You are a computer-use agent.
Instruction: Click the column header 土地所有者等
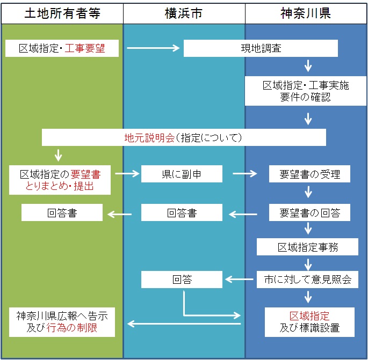click(62, 13)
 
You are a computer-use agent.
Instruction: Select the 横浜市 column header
click(184, 13)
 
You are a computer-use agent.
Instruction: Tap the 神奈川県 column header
click(306, 13)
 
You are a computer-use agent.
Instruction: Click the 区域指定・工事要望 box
click(62, 48)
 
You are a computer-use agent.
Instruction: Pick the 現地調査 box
click(261, 48)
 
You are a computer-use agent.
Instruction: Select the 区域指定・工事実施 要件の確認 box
click(306, 91)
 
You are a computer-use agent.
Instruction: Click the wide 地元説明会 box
click(184, 137)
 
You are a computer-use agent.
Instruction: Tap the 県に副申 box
click(182, 174)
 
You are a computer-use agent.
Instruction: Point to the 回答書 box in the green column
click(62, 212)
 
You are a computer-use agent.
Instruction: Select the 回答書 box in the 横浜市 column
click(182, 212)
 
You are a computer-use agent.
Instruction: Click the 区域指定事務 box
click(307, 247)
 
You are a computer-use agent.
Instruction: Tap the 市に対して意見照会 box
click(307, 280)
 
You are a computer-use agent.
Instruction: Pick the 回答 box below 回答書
click(182, 280)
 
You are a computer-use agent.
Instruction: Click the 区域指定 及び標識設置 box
click(309, 322)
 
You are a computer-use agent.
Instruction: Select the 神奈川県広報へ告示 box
click(62, 322)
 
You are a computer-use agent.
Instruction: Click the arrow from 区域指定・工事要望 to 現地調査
click(153, 48)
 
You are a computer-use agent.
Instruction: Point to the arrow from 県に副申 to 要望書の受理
click(245, 174)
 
